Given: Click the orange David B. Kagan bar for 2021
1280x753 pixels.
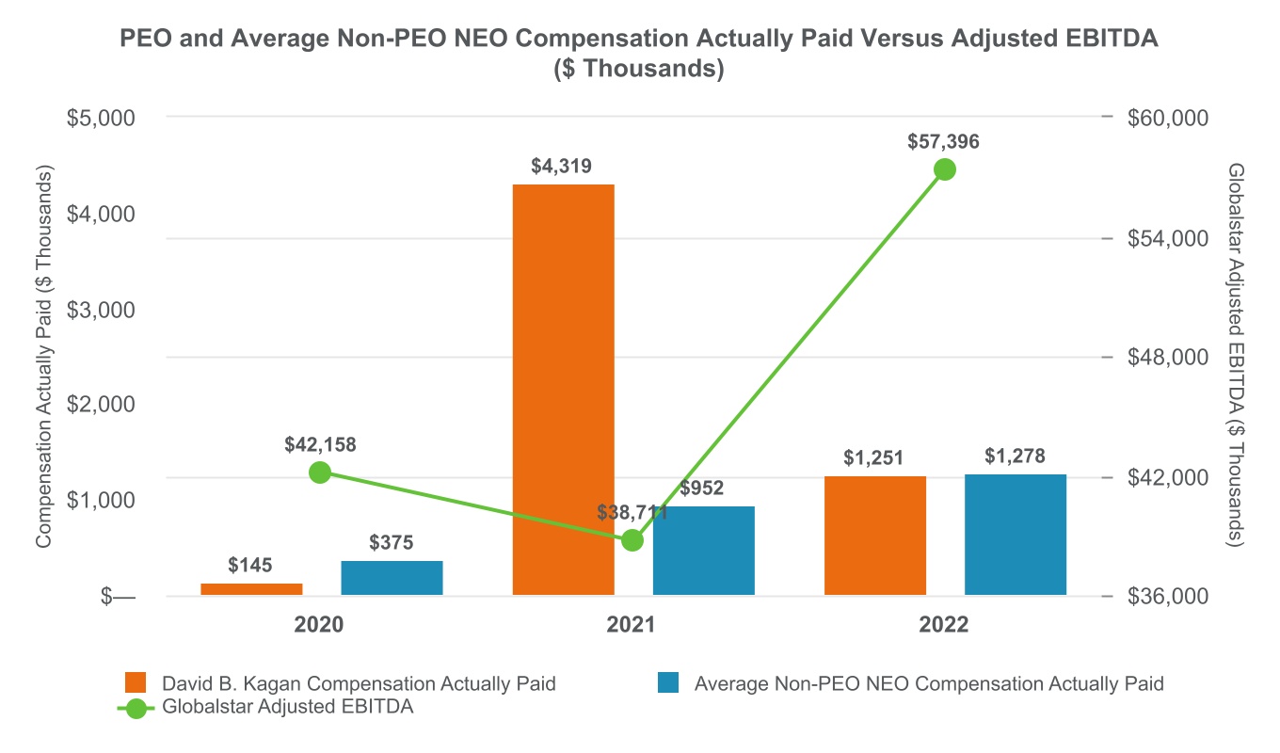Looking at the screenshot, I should point(563,390).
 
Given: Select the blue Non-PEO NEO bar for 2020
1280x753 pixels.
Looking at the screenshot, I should point(392,578).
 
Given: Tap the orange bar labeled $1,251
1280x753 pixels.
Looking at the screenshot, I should point(874,536).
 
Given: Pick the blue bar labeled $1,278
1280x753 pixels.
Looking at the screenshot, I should point(1016,535).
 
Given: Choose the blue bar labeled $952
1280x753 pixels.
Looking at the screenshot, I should point(704,551).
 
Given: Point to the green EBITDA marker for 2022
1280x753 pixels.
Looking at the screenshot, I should point(945,169).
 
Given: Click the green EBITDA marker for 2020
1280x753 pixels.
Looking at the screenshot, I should point(320,473).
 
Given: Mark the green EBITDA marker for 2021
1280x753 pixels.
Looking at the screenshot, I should point(632,540).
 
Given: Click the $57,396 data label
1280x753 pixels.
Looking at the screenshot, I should point(944,142).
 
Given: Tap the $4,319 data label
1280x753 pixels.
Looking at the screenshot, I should point(563,167).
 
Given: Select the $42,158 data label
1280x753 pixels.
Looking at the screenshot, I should point(320,445).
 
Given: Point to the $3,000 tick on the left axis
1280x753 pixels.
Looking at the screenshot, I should point(103,310).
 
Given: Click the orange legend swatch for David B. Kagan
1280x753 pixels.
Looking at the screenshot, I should point(136,683).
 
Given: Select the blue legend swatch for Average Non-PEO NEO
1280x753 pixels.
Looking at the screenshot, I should point(668,683).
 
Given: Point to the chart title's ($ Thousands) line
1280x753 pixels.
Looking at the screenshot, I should point(639,71).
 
